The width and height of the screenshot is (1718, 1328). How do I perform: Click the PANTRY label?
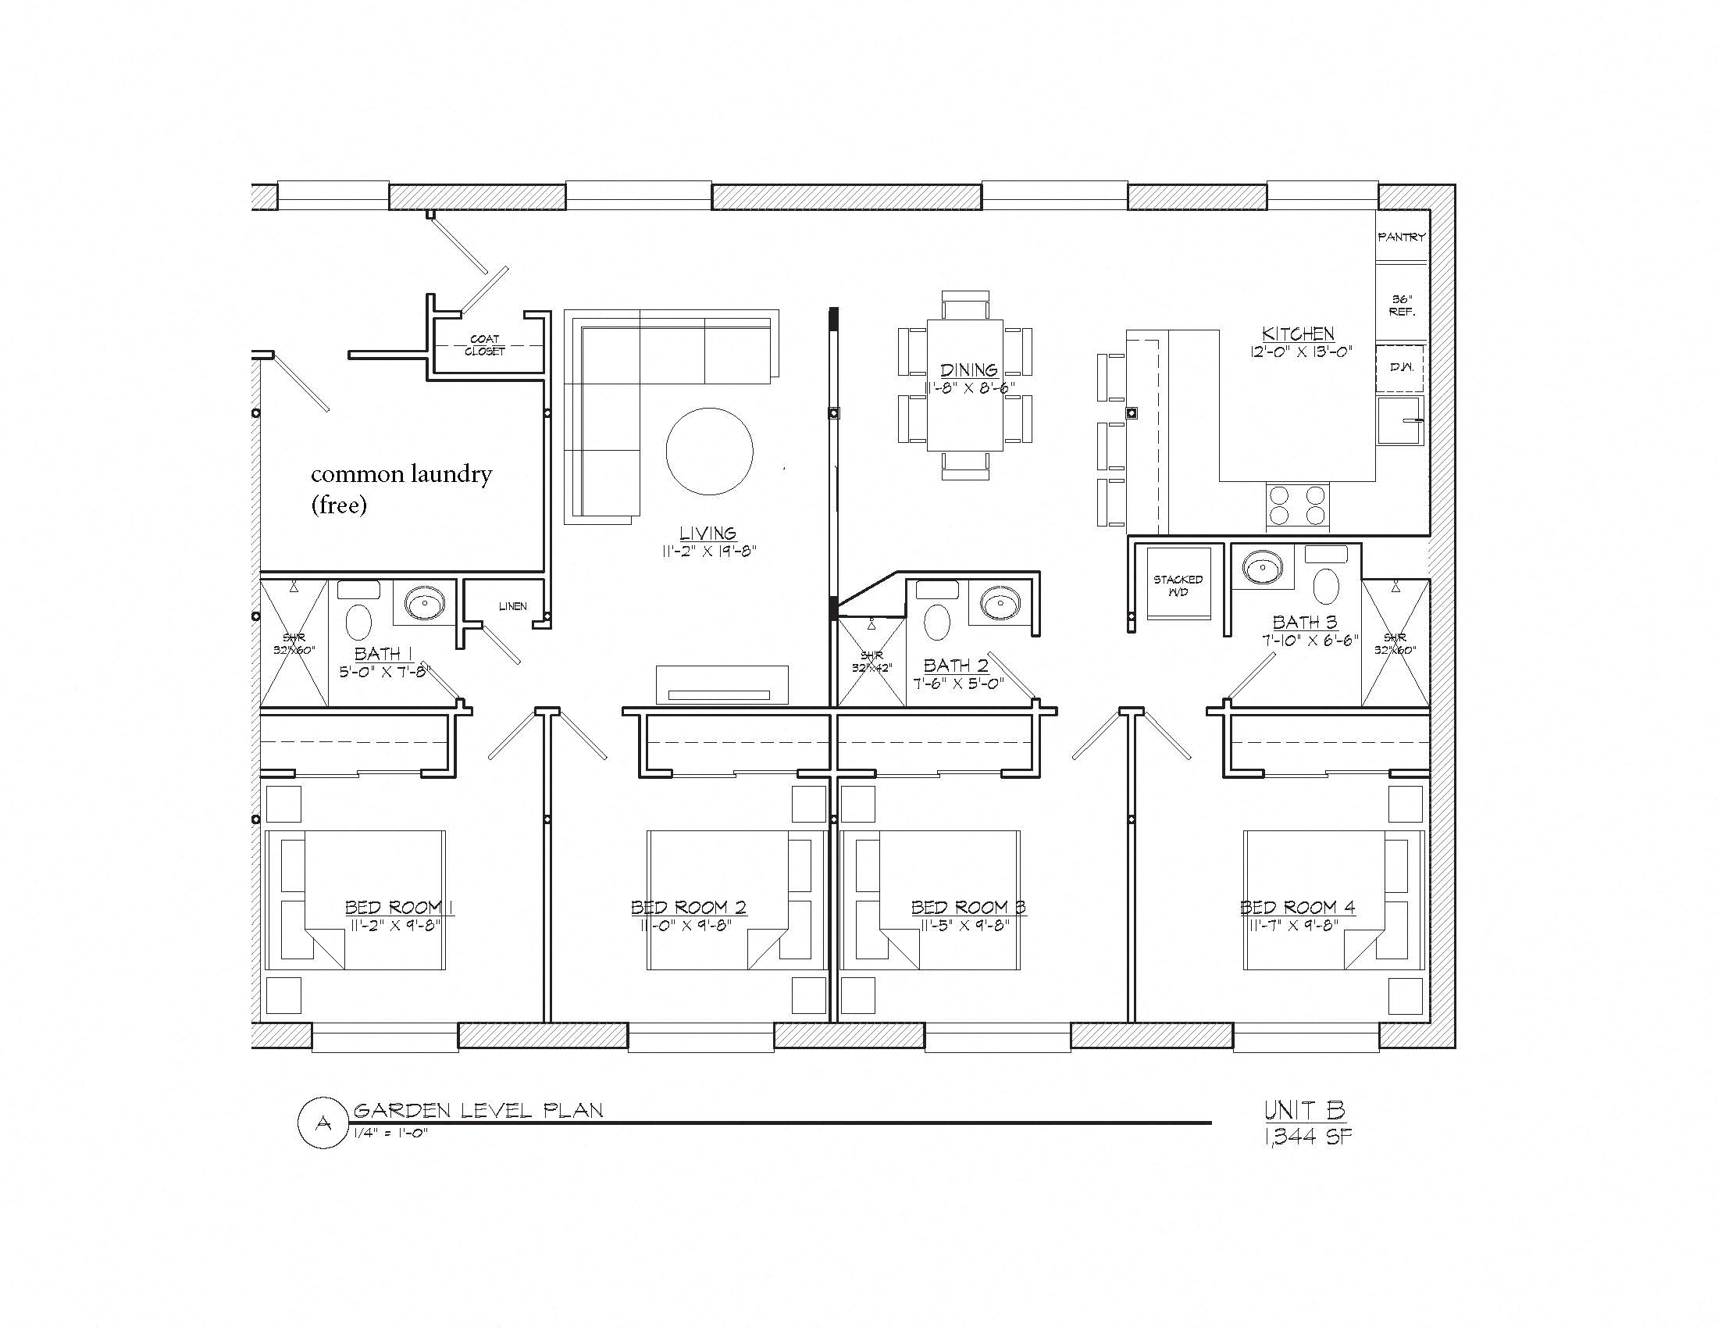click(x=1401, y=237)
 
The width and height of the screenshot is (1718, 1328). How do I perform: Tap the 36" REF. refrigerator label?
click(x=1402, y=305)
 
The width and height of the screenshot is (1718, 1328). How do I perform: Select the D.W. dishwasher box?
click(x=1400, y=367)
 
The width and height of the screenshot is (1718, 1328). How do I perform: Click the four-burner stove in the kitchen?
click(x=1296, y=506)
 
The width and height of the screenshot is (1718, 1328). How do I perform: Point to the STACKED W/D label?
click(x=1178, y=585)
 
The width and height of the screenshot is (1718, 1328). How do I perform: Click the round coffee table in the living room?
click(x=709, y=452)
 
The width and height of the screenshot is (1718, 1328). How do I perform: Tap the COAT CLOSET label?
click(x=484, y=344)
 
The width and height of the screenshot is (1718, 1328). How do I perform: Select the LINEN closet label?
click(x=512, y=605)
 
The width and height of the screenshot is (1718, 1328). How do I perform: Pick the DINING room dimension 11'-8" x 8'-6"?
click(x=969, y=387)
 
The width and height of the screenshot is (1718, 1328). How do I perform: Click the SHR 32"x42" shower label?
click(x=871, y=661)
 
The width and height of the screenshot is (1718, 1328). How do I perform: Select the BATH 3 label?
click(x=1304, y=623)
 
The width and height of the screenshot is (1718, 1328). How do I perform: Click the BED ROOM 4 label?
click(x=1297, y=907)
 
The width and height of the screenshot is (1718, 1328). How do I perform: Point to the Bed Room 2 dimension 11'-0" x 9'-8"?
click(x=685, y=925)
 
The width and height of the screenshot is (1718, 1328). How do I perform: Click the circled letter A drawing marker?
click(x=323, y=1123)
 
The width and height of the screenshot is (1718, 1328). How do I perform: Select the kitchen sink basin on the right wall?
click(x=1398, y=421)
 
